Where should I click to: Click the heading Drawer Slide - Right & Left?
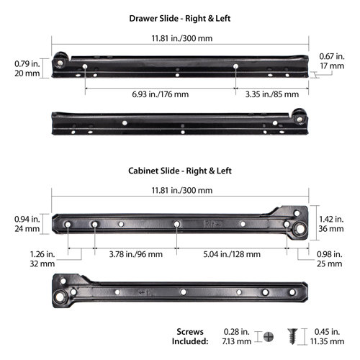click(180, 17)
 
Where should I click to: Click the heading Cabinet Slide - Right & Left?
click(180, 171)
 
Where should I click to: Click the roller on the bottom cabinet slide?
click(63, 295)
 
